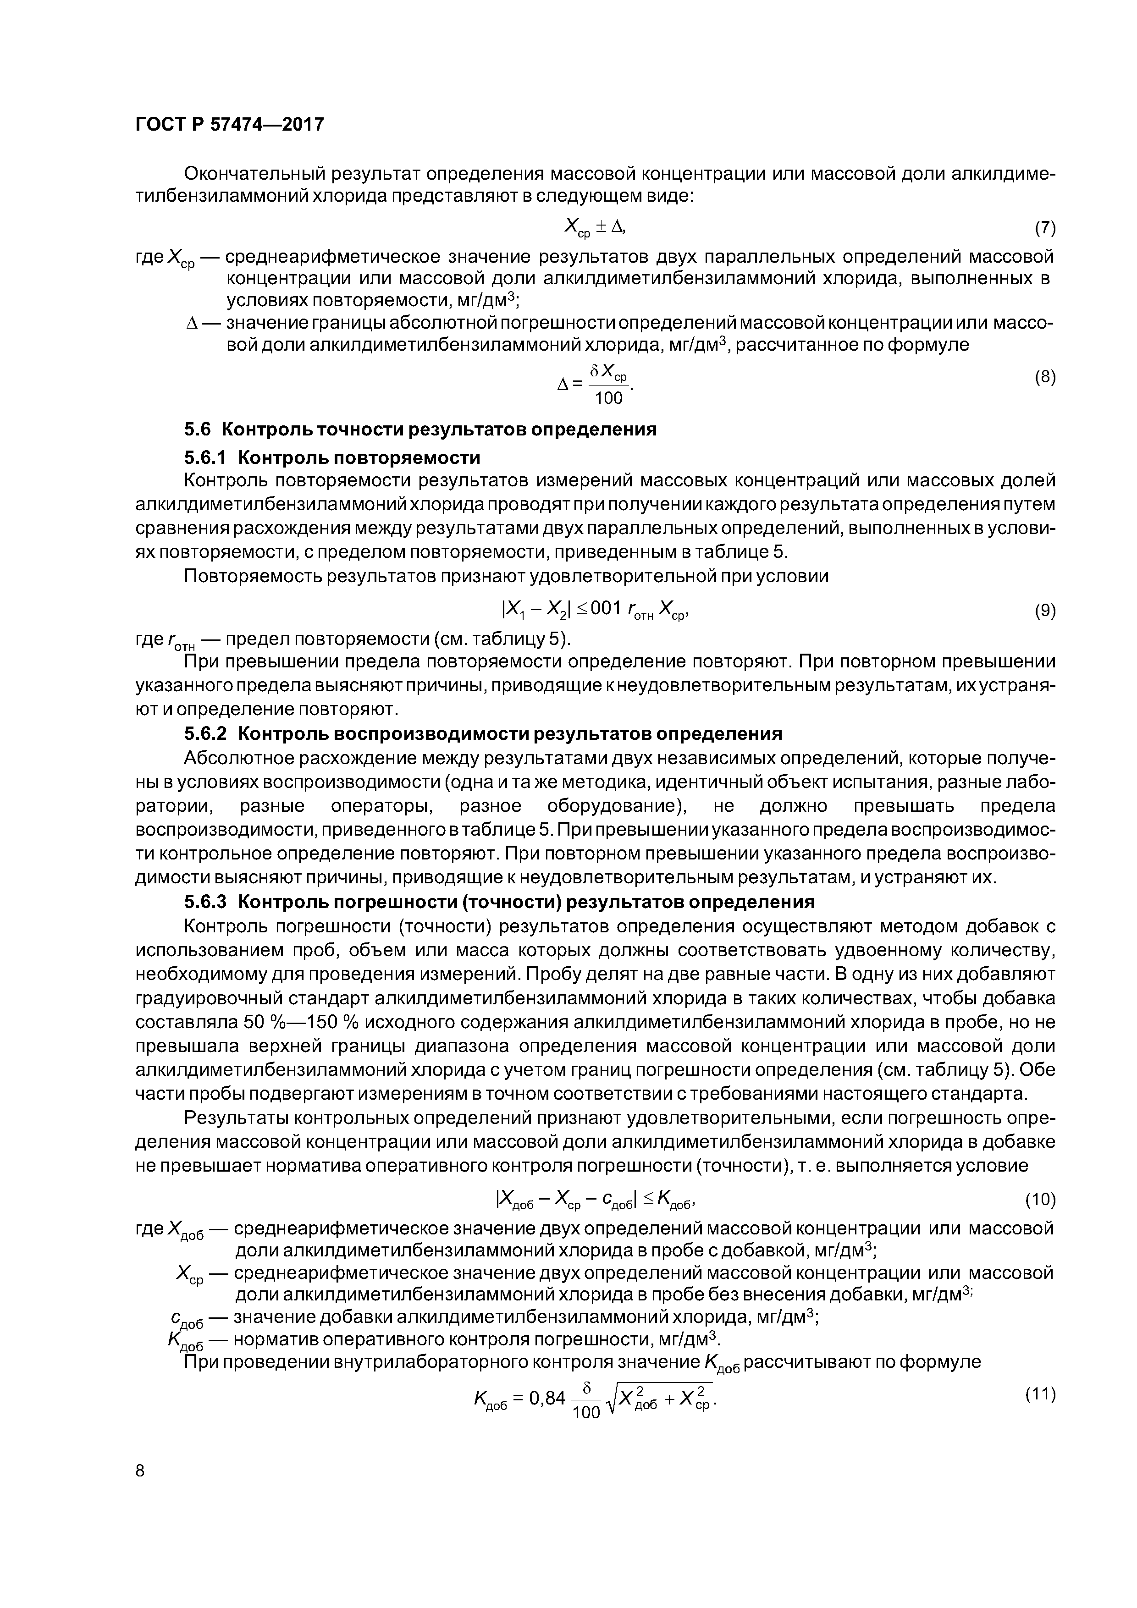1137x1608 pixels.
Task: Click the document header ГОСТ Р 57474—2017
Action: pos(229,125)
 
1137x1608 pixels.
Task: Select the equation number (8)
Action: pos(1044,378)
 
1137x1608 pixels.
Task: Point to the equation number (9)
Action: pos(1044,611)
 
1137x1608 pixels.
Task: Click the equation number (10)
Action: pos(1040,1200)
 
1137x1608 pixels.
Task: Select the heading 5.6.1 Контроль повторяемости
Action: pos(332,457)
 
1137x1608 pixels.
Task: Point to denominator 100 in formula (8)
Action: pos(608,398)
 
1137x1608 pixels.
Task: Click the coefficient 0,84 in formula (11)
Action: pos(546,1398)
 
